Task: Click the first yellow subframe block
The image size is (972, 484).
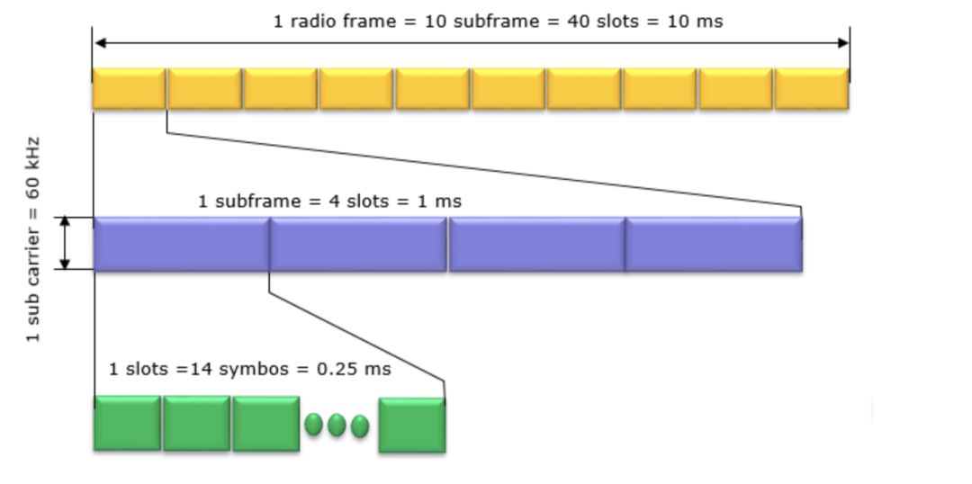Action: tap(129, 89)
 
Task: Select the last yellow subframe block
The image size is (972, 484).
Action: tap(812, 89)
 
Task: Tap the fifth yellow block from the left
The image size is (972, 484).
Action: tap(433, 89)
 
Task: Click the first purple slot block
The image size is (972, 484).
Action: tap(181, 244)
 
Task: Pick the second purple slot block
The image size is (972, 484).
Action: tap(358, 244)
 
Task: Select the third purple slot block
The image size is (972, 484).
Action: tap(536, 244)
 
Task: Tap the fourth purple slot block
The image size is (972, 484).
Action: tap(714, 244)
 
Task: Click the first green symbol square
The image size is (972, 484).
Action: tap(127, 423)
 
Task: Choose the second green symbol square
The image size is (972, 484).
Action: tap(196, 423)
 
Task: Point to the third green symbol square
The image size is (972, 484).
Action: tap(265, 424)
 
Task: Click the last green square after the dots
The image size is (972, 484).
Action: tap(411, 426)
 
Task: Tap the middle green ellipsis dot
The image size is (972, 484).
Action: tap(337, 425)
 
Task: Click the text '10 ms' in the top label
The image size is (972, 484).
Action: tap(694, 21)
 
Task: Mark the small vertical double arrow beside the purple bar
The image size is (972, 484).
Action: tap(65, 243)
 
